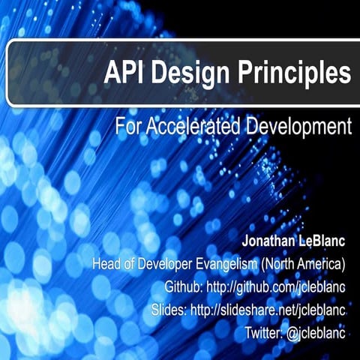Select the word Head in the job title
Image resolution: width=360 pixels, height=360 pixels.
(106, 265)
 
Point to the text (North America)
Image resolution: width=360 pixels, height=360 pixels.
(308, 265)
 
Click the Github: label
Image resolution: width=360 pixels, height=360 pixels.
(183, 286)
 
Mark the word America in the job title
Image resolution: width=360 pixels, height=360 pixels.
(321, 265)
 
